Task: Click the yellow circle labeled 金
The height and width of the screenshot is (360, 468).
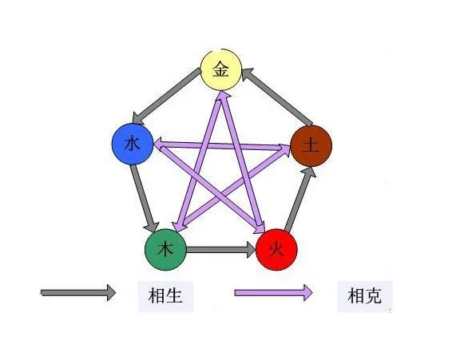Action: coord(221,70)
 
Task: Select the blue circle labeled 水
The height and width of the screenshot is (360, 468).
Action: coord(133,144)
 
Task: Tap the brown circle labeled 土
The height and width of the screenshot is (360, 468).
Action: coord(311,146)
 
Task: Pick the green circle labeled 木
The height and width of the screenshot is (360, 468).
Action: coord(165,250)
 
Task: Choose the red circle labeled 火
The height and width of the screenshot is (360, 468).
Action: coord(276,250)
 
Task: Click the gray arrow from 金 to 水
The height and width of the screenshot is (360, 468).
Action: coord(167,96)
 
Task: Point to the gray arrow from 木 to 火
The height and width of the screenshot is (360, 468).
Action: coord(221,249)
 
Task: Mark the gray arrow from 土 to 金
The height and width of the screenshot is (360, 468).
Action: coord(277,97)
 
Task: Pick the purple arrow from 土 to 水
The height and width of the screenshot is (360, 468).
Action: coord(222,145)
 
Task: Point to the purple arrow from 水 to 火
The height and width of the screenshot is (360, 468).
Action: coord(209,188)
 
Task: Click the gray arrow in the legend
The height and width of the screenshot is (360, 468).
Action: coord(78,293)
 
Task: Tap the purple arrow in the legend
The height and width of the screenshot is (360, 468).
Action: coord(273,293)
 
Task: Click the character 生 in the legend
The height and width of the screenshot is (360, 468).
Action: coord(174,296)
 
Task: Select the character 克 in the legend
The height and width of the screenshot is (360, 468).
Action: coord(373,296)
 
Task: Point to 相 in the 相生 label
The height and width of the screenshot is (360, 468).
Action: coord(157,296)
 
